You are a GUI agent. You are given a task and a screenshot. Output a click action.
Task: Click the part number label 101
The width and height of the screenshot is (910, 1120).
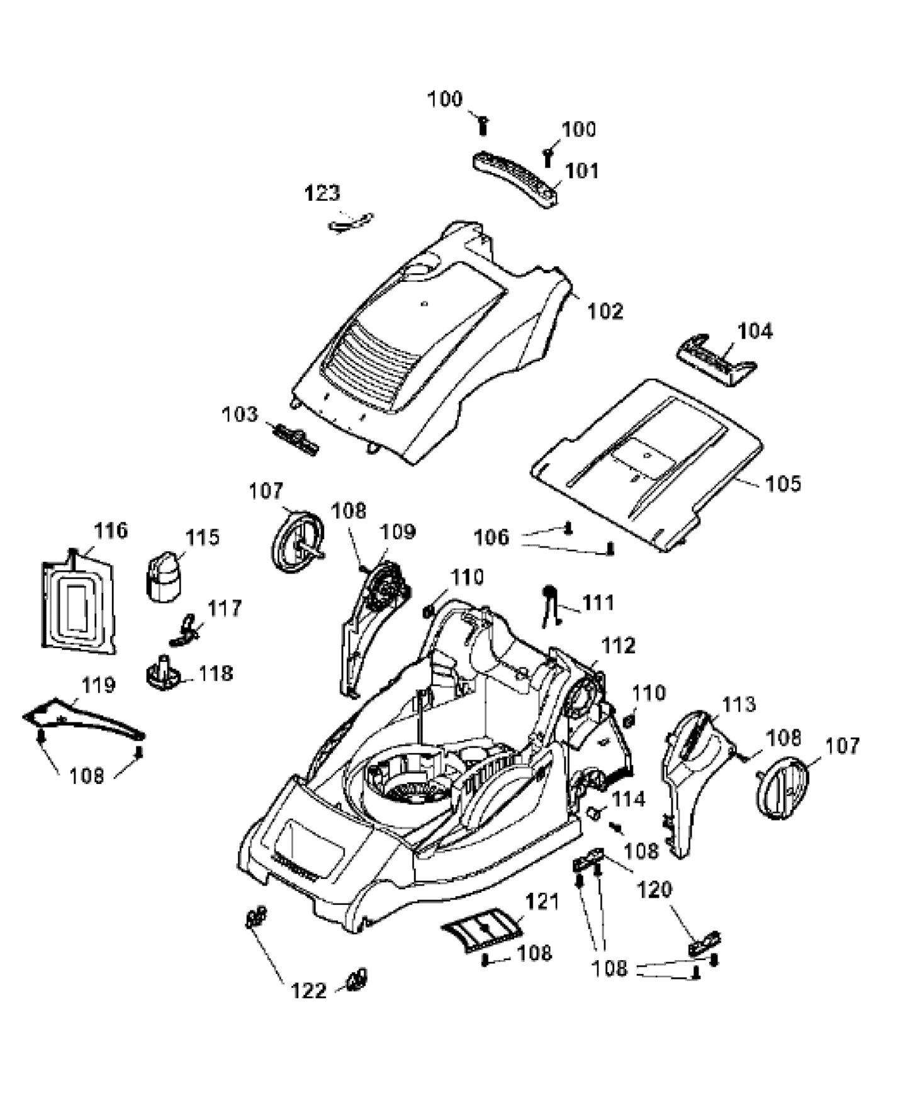pyautogui.click(x=582, y=171)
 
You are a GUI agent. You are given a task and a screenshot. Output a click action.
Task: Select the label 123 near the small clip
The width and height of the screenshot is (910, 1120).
pyautogui.click(x=322, y=193)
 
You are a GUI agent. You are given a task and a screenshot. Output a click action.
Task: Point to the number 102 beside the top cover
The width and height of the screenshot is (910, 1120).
pyautogui.click(x=605, y=311)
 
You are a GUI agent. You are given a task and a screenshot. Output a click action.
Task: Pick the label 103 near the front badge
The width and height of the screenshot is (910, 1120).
pyautogui.click(x=240, y=415)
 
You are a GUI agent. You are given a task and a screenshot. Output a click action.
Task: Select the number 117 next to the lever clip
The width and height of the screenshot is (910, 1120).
pyautogui.click(x=224, y=608)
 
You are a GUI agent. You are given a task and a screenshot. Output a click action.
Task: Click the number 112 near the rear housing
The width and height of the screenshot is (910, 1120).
pyautogui.click(x=619, y=646)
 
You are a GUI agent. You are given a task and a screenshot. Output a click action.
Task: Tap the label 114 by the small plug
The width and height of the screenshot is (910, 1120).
pyautogui.click(x=629, y=799)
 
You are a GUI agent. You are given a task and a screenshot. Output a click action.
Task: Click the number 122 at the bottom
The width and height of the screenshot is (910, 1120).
pyautogui.click(x=308, y=991)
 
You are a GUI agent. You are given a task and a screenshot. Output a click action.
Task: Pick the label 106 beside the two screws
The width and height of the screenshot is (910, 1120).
pyautogui.click(x=491, y=537)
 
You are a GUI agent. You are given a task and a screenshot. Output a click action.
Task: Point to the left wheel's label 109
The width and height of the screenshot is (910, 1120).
pyautogui.click(x=398, y=532)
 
